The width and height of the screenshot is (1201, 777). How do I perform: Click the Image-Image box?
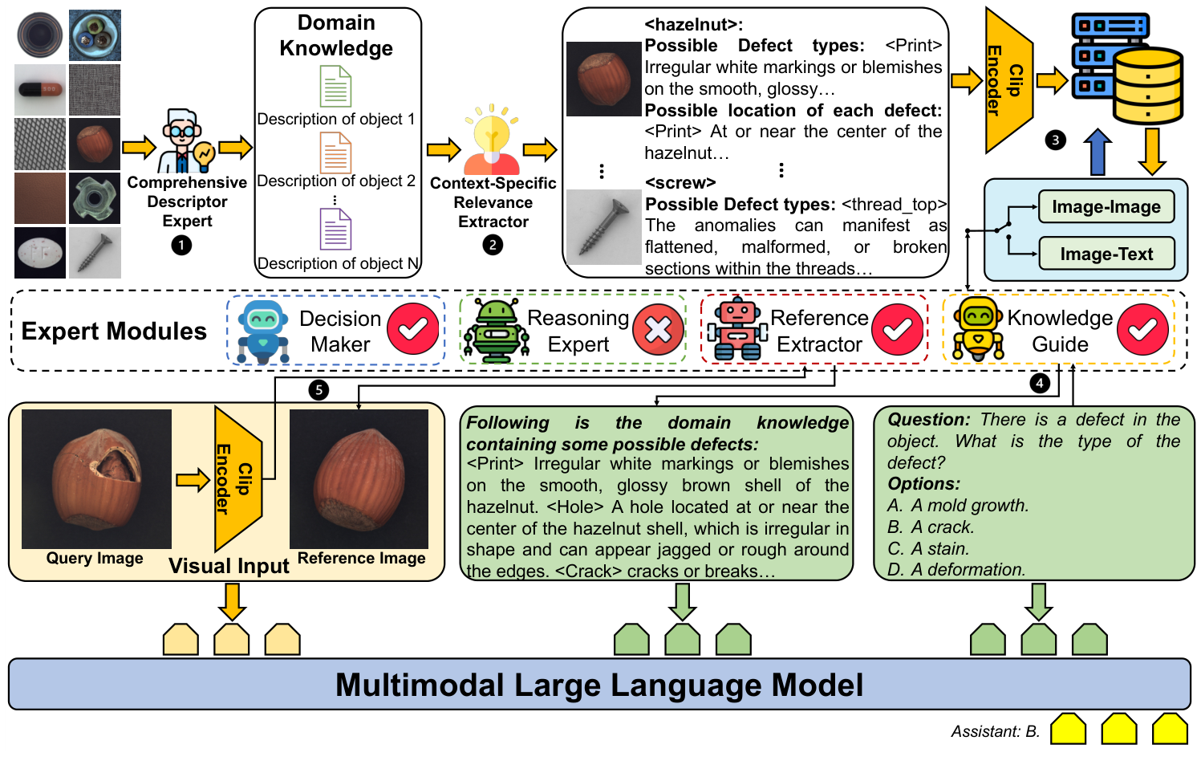point(1106,207)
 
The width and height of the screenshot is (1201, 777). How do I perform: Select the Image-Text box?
point(1106,254)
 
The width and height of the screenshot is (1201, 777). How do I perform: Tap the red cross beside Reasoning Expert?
point(658,329)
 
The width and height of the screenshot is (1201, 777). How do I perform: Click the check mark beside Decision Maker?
point(413,329)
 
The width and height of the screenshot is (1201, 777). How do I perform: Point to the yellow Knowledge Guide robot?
point(977,329)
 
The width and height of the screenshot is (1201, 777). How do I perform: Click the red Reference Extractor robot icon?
point(736,329)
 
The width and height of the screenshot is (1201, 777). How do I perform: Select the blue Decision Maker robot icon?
point(262,331)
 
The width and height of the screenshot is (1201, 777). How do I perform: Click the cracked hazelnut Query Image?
point(96,478)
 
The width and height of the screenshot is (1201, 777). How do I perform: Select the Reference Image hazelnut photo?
point(359,478)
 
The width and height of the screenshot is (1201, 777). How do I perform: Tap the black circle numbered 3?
point(1056,140)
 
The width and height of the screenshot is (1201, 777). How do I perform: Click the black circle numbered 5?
point(319,390)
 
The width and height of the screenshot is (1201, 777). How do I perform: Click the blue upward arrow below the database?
point(1097,153)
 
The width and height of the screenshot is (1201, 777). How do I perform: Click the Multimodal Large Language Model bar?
point(599,685)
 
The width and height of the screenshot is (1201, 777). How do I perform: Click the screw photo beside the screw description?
point(603,227)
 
